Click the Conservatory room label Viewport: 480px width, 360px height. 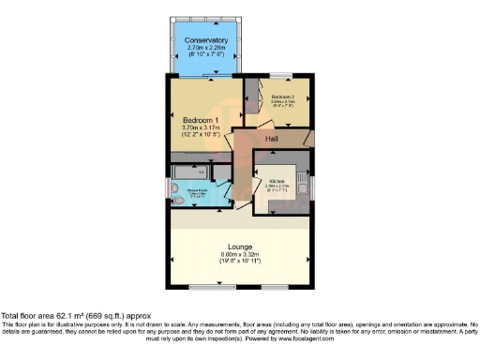pos(206,40)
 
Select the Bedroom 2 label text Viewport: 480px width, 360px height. pos(283,97)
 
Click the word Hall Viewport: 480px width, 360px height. pos(272,139)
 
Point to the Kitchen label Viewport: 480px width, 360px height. pos(277,180)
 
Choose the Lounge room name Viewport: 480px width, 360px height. pos(241,247)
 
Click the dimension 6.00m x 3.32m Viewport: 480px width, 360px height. pos(241,254)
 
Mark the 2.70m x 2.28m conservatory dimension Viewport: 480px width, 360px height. pos(206,49)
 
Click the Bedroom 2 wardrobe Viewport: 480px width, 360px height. pos(250,98)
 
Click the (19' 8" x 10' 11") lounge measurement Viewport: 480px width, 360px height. pos(241,262)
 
